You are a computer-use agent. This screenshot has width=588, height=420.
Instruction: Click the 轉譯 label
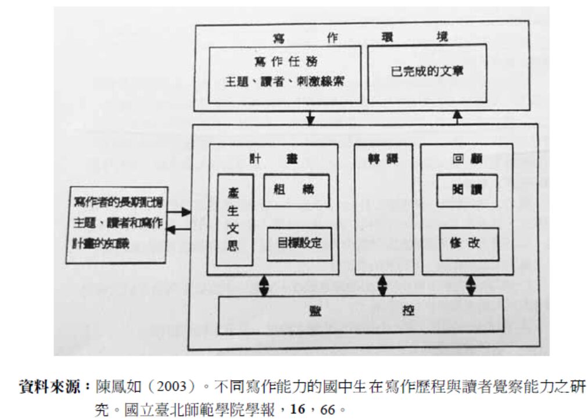click(x=383, y=158)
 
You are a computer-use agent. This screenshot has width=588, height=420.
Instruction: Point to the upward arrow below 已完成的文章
click(x=457, y=117)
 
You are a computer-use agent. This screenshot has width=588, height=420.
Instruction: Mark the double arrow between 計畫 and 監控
click(x=264, y=285)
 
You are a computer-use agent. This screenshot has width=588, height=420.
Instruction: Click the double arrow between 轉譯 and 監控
click(x=383, y=285)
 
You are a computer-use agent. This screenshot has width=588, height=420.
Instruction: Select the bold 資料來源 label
click(x=55, y=386)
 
